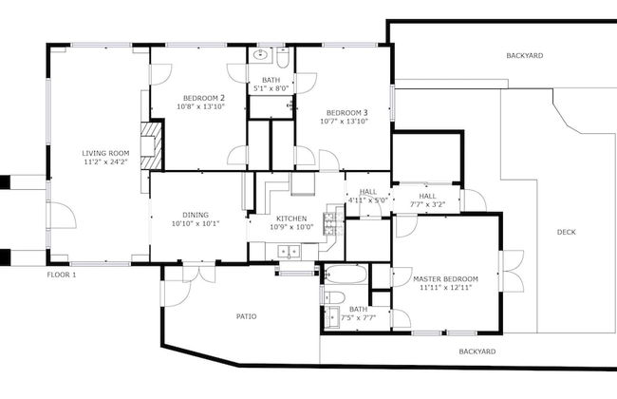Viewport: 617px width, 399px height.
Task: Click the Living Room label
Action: [105, 152]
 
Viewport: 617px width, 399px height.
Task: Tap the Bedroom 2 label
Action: [203, 98]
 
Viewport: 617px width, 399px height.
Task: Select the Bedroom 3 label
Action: [343, 112]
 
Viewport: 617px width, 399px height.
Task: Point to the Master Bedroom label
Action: [445, 278]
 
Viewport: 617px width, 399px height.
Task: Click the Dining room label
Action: [196, 215]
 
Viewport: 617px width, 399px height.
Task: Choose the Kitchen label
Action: [292, 218]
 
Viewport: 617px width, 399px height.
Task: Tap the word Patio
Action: [246, 316]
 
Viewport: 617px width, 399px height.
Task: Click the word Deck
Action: [566, 232]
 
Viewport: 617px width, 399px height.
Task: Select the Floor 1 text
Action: [62, 275]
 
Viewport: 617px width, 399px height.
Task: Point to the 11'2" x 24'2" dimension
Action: [105, 162]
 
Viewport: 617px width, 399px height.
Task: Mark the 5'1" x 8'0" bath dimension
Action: [271, 89]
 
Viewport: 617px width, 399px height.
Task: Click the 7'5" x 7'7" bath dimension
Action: [358, 318]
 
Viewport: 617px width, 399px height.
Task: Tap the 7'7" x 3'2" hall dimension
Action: [427, 203]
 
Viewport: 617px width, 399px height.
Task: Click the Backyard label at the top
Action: [523, 56]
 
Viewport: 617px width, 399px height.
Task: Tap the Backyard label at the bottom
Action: [477, 351]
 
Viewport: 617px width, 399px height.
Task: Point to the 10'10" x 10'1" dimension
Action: [196, 225]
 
